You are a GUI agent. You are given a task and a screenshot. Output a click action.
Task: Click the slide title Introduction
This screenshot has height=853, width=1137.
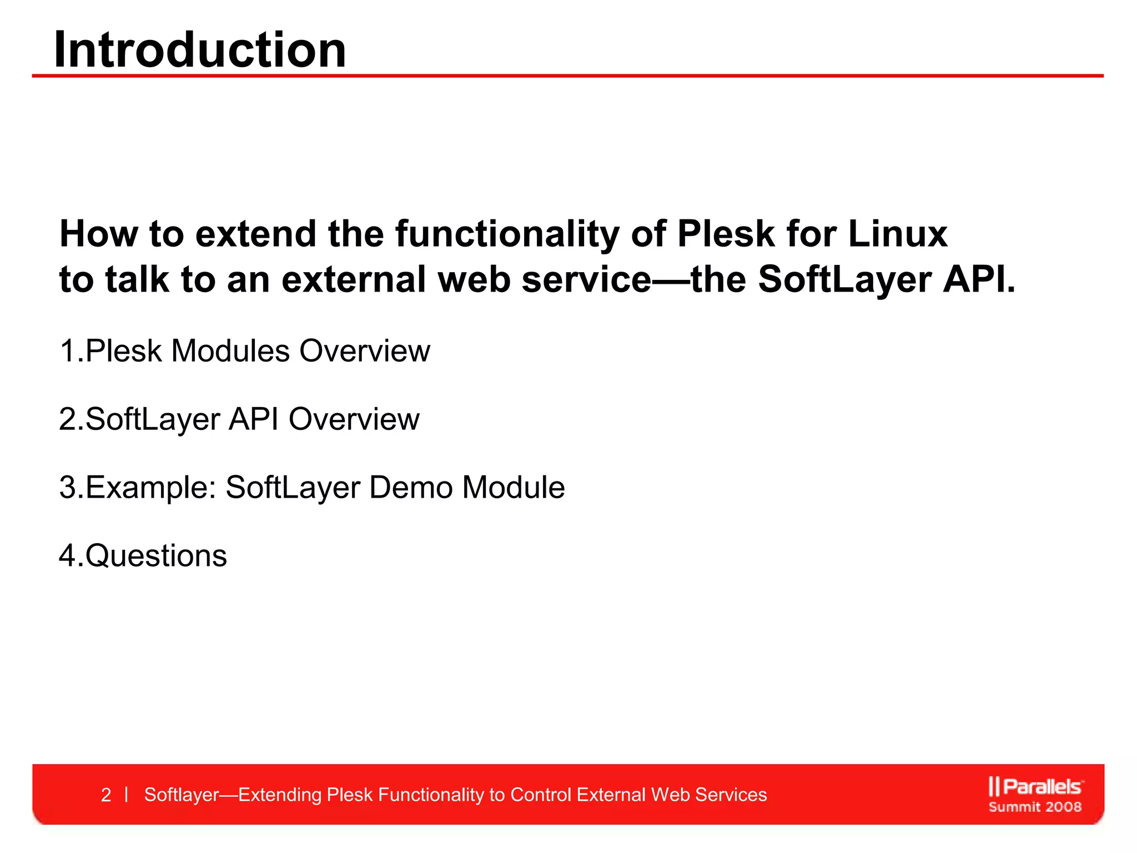(x=200, y=50)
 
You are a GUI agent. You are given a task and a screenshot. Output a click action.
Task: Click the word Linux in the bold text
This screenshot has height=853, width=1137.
(x=898, y=234)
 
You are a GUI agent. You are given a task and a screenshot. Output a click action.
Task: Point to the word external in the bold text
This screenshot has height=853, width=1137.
(x=355, y=279)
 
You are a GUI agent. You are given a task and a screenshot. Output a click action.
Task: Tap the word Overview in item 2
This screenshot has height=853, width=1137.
(x=354, y=419)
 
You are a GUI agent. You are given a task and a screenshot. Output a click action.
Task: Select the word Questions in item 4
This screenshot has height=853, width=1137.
(x=156, y=556)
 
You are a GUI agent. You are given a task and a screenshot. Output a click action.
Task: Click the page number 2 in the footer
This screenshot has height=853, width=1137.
(x=106, y=795)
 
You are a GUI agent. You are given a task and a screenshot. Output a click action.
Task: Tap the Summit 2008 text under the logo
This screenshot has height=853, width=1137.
(x=1035, y=807)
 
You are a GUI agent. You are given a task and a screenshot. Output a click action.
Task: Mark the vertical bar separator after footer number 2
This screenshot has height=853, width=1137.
(x=127, y=795)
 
